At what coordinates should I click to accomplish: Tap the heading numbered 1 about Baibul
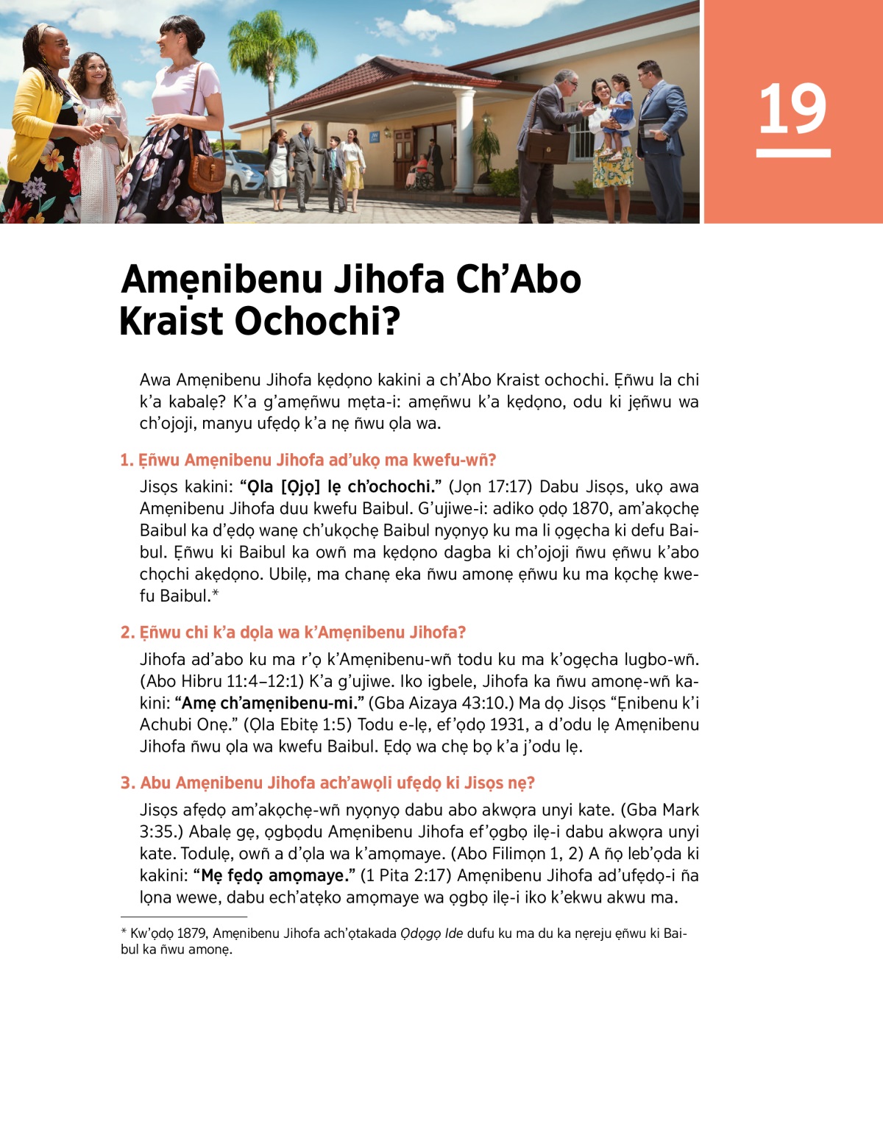pos(308,460)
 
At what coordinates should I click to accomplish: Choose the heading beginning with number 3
pos(327,783)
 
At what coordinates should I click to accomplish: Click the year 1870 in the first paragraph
pos(592,508)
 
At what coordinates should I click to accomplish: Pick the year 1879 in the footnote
pos(191,933)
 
